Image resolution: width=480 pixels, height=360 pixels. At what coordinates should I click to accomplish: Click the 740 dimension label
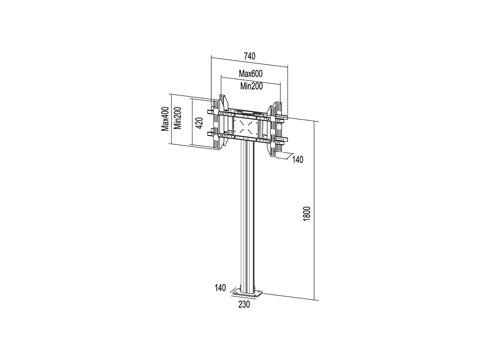tap(250, 56)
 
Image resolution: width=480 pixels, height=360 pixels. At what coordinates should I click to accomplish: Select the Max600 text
tap(251, 74)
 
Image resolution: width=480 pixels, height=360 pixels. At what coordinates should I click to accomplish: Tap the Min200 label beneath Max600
tap(252, 86)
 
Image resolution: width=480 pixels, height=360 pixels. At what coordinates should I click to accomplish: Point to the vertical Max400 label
tap(165, 119)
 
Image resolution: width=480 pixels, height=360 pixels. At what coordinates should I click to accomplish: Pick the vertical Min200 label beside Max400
tap(177, 118)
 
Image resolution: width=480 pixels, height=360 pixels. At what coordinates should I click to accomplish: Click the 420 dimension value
tap(199, 123)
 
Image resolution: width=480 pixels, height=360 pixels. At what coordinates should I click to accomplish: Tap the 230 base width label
tap(244, 304)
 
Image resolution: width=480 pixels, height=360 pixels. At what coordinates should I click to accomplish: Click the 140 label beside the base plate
tap(220, 288)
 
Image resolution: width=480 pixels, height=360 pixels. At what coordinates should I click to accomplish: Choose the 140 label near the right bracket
tap(298, 160)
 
